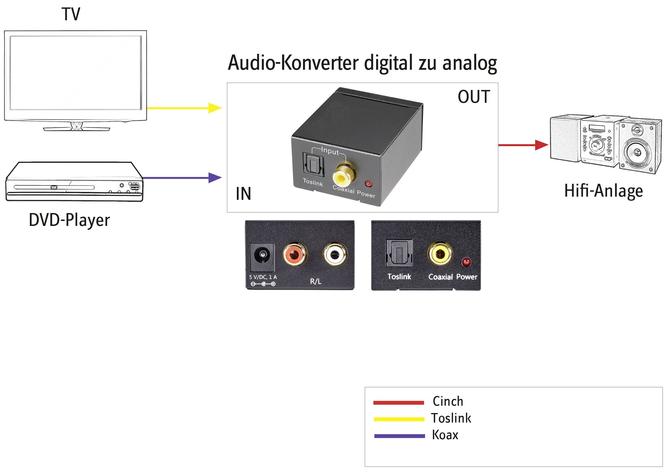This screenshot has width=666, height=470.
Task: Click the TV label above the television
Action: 71,14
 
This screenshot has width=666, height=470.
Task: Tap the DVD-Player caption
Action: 69,220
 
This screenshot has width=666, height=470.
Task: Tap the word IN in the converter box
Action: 243,193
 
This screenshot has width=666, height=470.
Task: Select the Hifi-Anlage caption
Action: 603,191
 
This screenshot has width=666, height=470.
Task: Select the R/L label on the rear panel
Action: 315,281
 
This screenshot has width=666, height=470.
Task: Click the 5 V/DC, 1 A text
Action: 263,277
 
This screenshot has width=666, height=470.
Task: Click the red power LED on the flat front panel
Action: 466,262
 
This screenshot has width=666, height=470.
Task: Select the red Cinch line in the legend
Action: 399,402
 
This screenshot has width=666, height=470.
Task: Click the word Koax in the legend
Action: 445,435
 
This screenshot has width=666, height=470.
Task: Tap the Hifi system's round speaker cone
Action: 637,152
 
